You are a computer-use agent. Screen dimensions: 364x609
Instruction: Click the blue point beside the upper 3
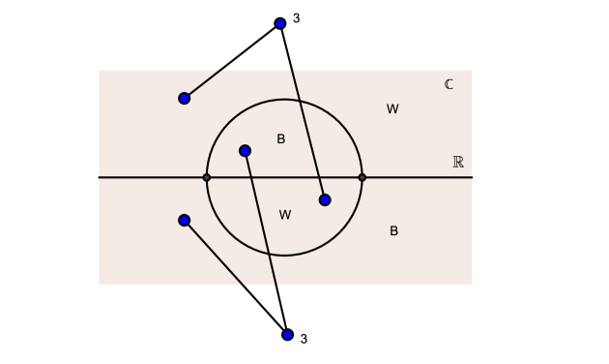[x=280, y=23]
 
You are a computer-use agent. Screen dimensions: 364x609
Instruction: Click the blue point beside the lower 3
[x=287, y=335]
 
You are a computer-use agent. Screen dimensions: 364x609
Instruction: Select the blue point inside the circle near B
[x=245, y=150]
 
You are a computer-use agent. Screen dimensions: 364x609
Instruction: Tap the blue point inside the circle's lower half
[x=325, y=199]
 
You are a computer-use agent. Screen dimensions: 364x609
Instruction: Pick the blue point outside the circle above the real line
[x=185, y=98]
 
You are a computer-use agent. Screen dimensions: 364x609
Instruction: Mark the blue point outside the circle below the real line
[x=185, y=220]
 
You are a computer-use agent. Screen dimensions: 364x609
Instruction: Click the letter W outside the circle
[x=392, y=109]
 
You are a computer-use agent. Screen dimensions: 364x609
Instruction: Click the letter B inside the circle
[x=281, y=139]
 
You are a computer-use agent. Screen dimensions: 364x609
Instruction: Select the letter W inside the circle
[x=285, y=215]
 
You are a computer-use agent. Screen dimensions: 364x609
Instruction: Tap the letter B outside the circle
[x=393, y=231]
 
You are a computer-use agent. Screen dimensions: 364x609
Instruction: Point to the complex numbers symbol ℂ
[x=449, y=84]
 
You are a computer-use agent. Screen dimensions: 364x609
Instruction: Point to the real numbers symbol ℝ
[x=458, y=162]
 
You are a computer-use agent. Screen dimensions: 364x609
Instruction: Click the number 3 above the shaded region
[x=297, y=17]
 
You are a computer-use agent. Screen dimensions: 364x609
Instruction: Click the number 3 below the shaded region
[x=304, y=339]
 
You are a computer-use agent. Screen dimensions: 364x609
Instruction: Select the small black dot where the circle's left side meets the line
[x=207, y=177]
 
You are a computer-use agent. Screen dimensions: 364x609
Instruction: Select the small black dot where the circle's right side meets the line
[x=362, y=177]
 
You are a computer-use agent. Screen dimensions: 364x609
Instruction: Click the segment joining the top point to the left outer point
[x=232, y=61]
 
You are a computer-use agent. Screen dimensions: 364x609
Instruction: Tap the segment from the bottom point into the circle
[x=266, y=242]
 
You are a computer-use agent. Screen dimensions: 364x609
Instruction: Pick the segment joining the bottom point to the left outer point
[x=236, y=277]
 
